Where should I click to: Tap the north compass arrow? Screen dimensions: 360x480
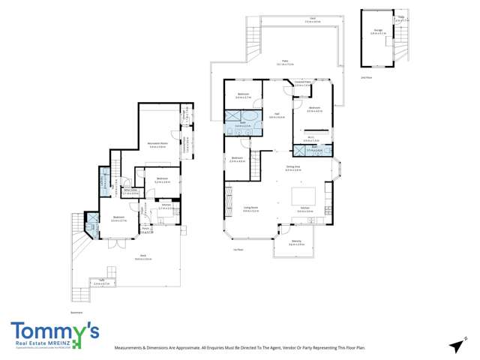[x=455, y=346]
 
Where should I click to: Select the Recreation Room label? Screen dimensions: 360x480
[x=157, y=145]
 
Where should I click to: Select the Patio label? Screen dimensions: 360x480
[x=285, y=62]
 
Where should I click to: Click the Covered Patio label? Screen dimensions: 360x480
[x=303, y=84]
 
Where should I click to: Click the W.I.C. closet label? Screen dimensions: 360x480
[x=310, y=138]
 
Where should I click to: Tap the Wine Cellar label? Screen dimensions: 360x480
[x=130, y=190]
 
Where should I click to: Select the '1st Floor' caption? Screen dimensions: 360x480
[x=238, y=249]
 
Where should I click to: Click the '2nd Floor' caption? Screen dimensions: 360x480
[x=365, y=76]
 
